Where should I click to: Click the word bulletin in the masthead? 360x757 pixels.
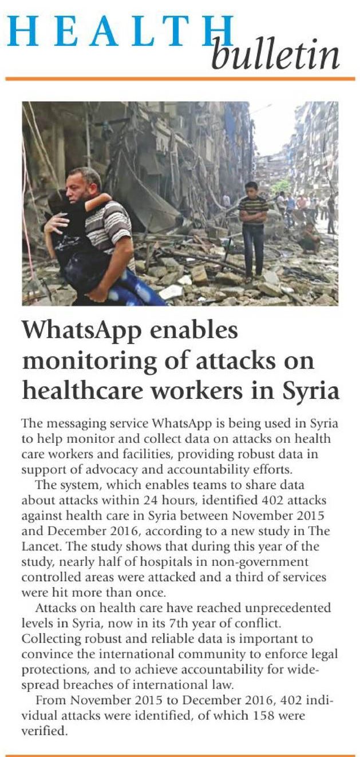275,55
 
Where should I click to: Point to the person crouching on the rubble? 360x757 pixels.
309,237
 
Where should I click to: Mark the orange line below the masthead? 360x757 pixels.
180,79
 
